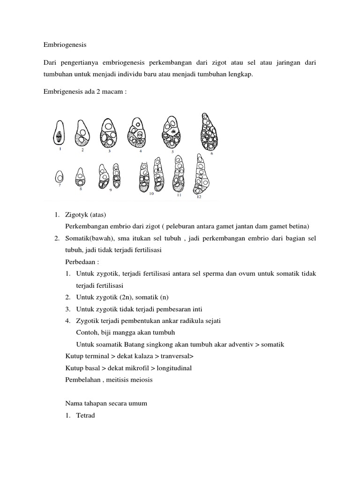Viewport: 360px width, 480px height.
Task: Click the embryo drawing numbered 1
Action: [59, 134]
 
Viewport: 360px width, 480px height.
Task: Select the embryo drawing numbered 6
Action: [206, 133]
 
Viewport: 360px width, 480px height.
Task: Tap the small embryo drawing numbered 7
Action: [59, 177]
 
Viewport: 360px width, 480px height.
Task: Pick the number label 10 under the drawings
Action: [151, 193]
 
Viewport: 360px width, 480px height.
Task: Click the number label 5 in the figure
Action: [172, 152]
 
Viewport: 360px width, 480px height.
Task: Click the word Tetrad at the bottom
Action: [85, 414]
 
